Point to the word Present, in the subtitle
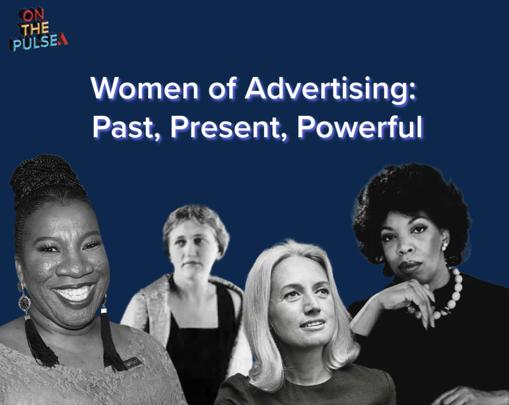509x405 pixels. [227, 129]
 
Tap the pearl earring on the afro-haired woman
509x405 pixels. [444, 246]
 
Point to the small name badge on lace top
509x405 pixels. [133, 363]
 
